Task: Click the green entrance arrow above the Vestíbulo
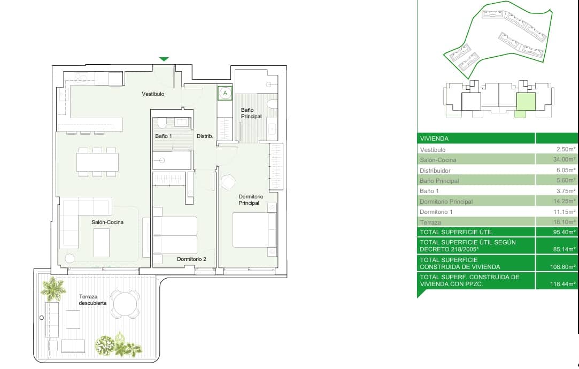pos(164,59)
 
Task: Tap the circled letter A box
pos(225,93)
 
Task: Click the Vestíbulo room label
pos(153,94)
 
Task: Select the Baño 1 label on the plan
pos(163,136)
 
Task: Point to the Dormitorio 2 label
pos(191,259)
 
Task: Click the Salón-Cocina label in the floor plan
pos(107,222)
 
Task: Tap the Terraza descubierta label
pos(92,299)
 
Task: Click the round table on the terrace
pos(125,304)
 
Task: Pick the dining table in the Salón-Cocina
pos(97,162)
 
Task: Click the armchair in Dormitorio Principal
pos(228,182)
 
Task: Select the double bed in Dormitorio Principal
pos(254,230)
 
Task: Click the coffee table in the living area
pos(102,243)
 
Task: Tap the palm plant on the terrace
pos(53,288)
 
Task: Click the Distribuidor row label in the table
pos(435,171)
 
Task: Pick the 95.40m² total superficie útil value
pos(564,232)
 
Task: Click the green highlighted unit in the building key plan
pos(526,102)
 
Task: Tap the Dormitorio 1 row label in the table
pos(436,212)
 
